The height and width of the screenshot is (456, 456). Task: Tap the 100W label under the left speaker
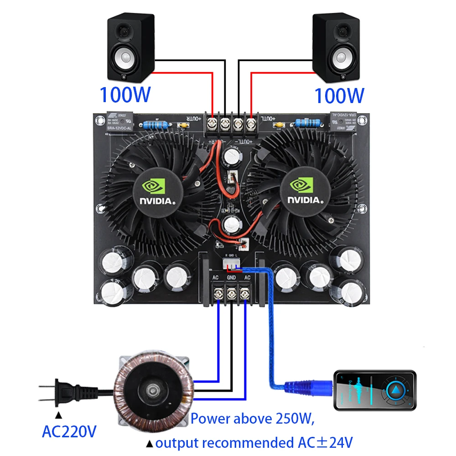124,94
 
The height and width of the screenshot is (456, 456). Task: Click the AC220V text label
69,430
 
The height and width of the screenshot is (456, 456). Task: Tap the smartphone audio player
375,389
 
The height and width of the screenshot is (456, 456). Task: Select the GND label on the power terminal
231,277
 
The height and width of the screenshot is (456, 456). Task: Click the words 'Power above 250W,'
252,418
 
